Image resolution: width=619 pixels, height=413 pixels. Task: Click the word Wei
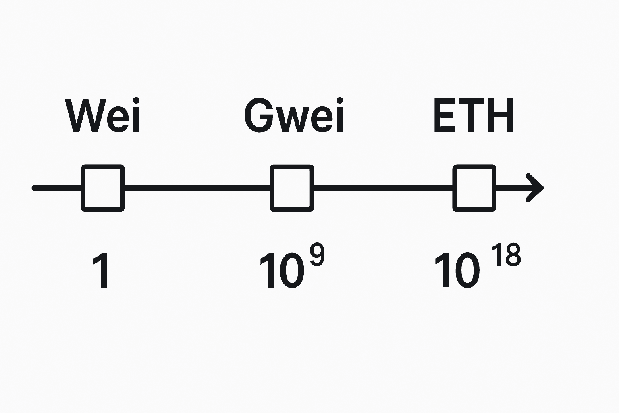(103, 116)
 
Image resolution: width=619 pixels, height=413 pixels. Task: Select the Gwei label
(294, 116)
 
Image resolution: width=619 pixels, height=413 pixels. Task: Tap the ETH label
(474, 116)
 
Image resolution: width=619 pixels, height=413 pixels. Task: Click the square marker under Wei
(103, 188)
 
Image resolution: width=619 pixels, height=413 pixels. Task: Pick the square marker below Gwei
(292, 188)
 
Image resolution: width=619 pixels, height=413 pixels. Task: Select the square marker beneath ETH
(474, 188)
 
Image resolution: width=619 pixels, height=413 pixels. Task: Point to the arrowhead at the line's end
(536, 188)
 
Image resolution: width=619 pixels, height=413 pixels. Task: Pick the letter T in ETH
(472, 116)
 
